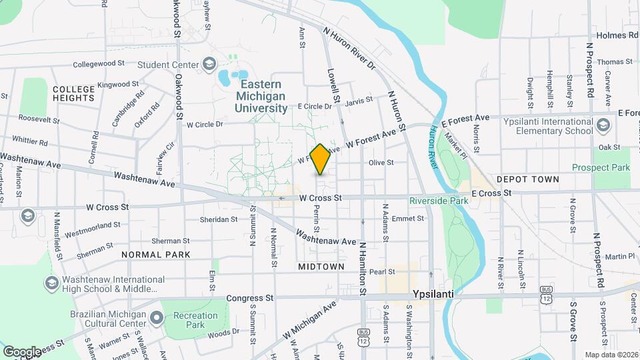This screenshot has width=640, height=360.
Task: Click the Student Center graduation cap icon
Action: (x=209, y=64)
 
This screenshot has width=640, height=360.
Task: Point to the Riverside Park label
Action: (x=439, y=200)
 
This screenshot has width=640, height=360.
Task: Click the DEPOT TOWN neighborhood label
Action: (x=522, y=179)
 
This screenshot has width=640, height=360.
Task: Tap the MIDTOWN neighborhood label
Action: (x=321, y=266)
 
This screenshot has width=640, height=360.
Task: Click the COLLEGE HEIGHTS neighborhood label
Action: (x=73, y=93)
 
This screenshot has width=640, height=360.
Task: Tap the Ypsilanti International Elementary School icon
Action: (x=603, y=125)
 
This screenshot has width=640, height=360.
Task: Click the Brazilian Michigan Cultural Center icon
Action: (x=157, y=317)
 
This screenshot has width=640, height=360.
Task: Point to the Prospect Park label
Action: (x=601, y=167)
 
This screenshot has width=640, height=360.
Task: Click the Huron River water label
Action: (x=435, y=144)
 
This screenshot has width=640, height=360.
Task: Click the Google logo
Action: (x=22, y=351)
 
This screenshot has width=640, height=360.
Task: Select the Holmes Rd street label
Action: (x=616, y=35)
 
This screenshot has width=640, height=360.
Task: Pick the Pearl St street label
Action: (x=383, y=271)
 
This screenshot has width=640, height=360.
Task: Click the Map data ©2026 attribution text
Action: (x=611, y=355)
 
